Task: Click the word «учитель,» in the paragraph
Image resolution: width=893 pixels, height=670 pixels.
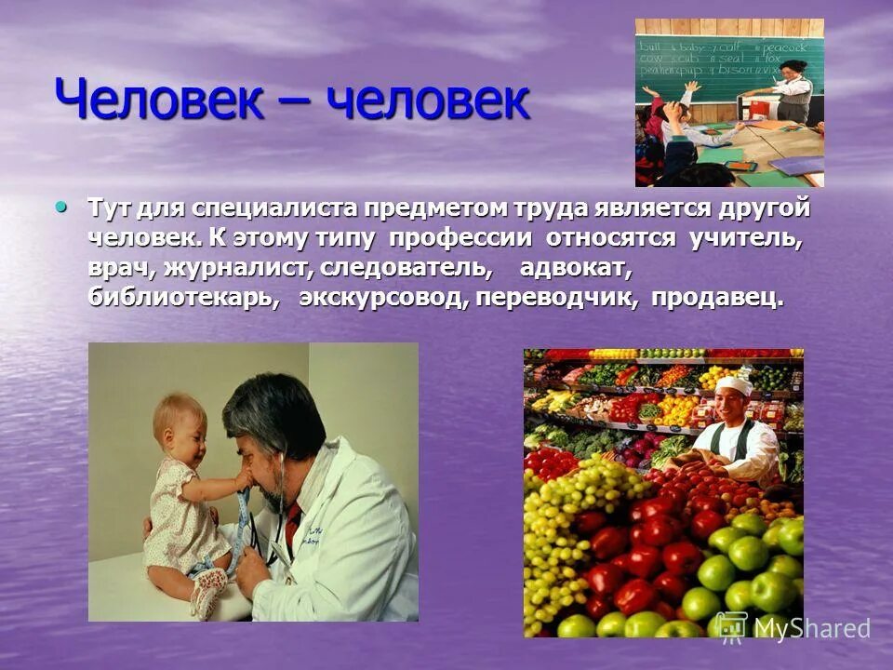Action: pos(744,238)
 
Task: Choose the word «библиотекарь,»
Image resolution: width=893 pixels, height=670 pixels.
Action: pos(183,299)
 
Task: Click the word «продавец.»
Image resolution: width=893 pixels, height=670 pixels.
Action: pos(717,299)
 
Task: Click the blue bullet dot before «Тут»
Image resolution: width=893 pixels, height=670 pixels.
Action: pos(62,205)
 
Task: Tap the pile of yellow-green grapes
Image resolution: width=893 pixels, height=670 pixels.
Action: pos(577,512)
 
